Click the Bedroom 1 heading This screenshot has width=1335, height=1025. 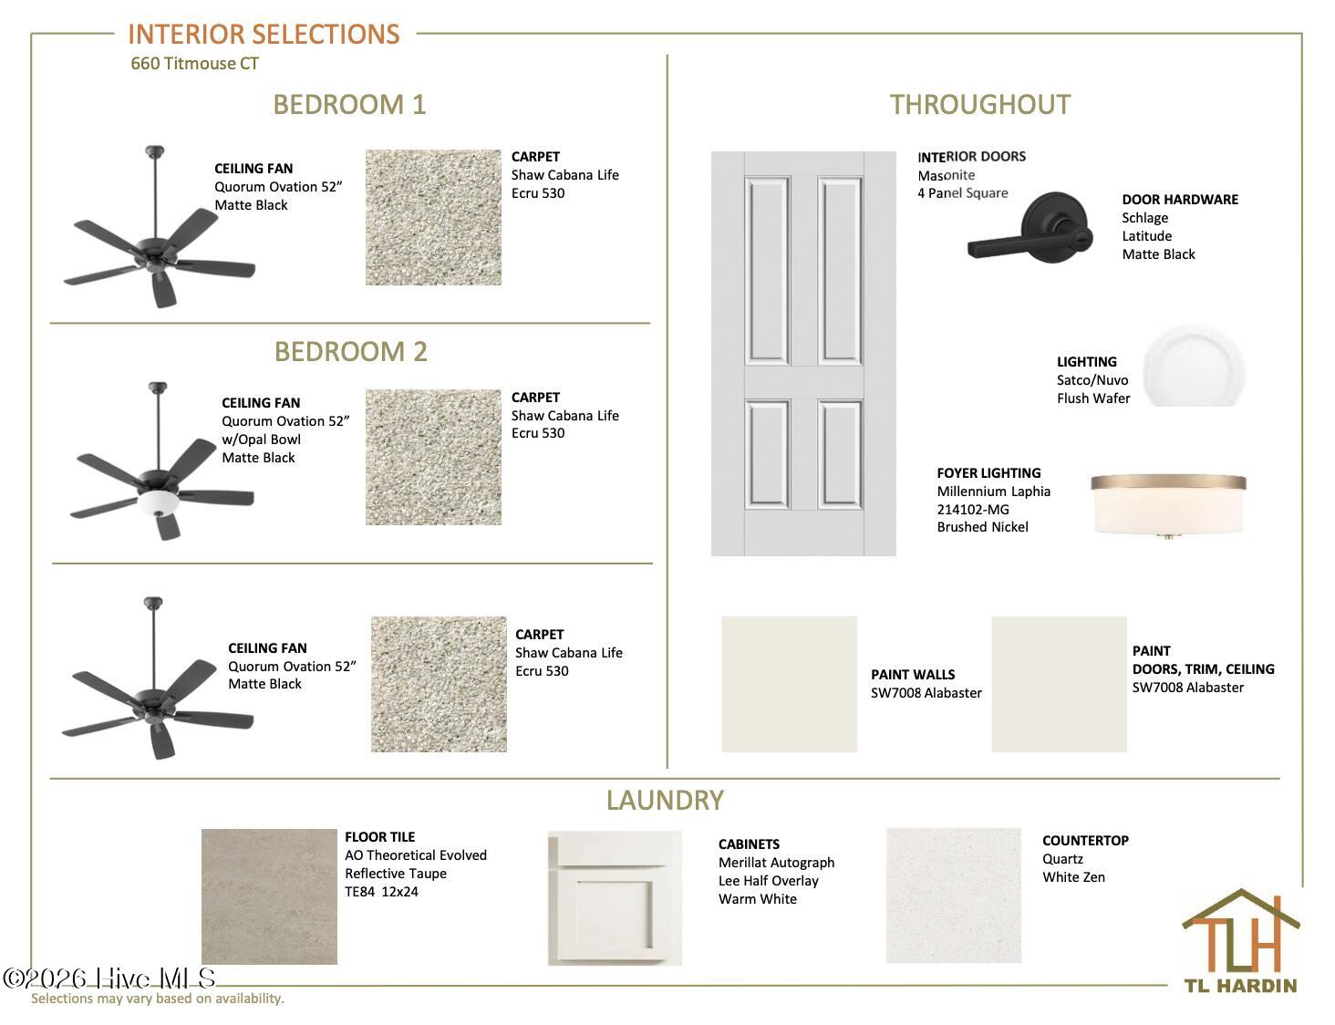click(349, 104)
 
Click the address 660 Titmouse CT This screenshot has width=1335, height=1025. click(195, 63)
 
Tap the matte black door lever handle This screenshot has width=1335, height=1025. click(1030, 229)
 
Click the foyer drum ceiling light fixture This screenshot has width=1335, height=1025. click(1168, 505)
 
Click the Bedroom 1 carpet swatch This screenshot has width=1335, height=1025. click(433, 217)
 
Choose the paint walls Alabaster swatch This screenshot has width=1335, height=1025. click(789, 684)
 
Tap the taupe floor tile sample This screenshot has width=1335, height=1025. click(269, 896)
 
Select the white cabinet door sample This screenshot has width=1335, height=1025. click(615, 898)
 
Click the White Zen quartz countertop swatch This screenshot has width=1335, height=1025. click(954, 896)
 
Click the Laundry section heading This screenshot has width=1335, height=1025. click(665, 801)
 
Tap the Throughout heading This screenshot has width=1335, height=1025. click(980, 104)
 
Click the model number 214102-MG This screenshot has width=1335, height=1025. click(973, 509)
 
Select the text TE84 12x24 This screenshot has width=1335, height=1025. click(381, 892)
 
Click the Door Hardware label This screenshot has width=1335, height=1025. click(1180, 200)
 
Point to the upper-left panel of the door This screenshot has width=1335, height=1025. click(767, 271)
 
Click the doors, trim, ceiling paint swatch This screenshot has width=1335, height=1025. click(1059, 684)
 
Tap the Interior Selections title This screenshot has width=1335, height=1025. click(264, 35)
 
